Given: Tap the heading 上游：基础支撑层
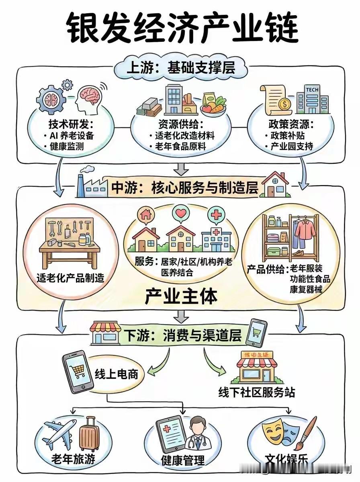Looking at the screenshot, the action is coord(180,68).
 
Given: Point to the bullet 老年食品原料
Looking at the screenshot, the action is coord(180,147).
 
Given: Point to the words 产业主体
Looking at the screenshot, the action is coord(181,297).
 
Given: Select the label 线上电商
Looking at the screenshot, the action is coord(116,374).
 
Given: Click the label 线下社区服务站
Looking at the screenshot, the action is coord(256,392).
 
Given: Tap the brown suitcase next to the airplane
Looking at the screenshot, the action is coord(89,435).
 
